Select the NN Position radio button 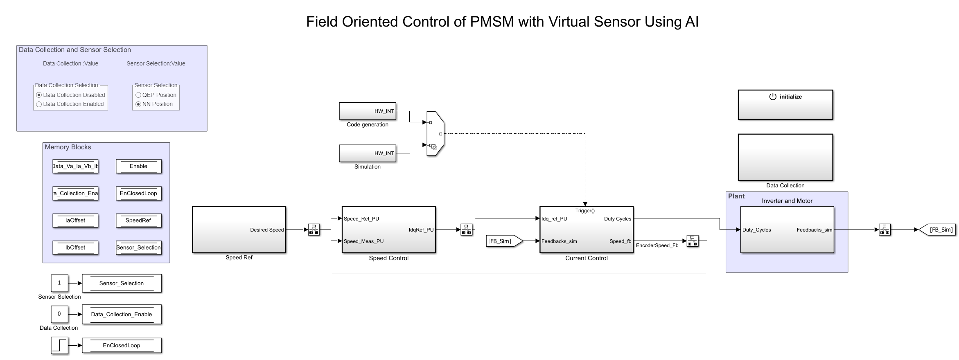click(x=138, y=104)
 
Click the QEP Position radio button click(x=138, y=95)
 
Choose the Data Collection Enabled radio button click(x=39, y=104)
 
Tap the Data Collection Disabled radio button click(x=39, y=95)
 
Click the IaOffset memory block click(x=75, y=220)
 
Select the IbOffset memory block click(x=75, y=248)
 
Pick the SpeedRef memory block click(x=138, y=220)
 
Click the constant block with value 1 click(x=59, y=283)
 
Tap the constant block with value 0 click(x=59, y=314)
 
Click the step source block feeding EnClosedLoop click(x=59, y=345)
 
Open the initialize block click(x=785, y=105)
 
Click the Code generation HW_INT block click(x=367, y=111)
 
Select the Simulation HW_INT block click(x=367, y=153)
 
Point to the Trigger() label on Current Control click(x=585, y=211)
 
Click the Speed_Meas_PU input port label click(x=363, y=241)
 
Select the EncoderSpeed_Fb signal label click(x=657, y=245)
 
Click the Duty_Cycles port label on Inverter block click(x=756, y=230)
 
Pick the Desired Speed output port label click(x=267, y=230)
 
